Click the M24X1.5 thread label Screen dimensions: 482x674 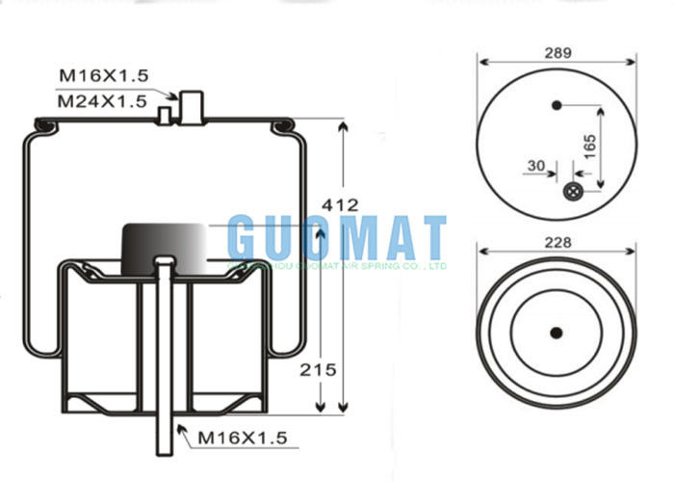click(102, 99)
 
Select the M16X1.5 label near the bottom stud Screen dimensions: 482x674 click(243, 438)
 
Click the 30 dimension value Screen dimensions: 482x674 click(535, 165)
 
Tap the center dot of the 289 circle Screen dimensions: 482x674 click(556, 104)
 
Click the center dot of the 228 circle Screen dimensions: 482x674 click(556, 334)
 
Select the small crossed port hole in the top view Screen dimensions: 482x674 click(572, 192)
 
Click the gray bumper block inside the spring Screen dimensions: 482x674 click(165, 244)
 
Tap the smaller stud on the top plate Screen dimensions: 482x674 click(165, 117)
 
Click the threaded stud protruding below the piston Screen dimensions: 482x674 click(165, 434)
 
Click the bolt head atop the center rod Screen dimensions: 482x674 click(165, 262)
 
